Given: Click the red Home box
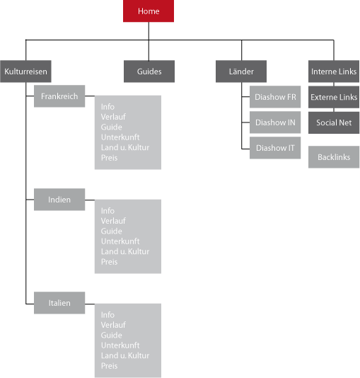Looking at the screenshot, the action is coord(149,11).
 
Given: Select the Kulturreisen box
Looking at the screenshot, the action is coord(25,71).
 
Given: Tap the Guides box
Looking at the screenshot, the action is coord(149,71).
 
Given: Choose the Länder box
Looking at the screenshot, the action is coord(241,71).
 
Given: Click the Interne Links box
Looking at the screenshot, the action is coord(334,71).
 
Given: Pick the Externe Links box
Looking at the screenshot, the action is coord(334,97).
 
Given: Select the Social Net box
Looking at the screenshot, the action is coord(334,122).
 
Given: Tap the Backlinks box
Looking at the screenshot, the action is coord(334,157).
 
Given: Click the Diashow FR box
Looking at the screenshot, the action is coord(275,97).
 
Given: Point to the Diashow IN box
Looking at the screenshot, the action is coord(275,122).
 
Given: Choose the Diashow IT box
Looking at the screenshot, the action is coord(275,148).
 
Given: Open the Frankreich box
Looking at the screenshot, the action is coord(59,96).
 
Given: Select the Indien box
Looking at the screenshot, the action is coord(59,200).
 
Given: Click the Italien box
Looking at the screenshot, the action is coord(59,303).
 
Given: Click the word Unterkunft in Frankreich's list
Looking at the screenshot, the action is coord(120,137).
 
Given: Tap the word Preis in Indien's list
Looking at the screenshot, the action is coord(110,262).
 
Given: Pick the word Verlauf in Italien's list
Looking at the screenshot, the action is coord(113,325).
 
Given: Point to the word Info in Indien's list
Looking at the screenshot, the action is coord(108,211).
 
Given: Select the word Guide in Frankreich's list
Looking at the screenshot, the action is coord(112,127).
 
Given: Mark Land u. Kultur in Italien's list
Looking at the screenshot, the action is coord(125,355).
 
